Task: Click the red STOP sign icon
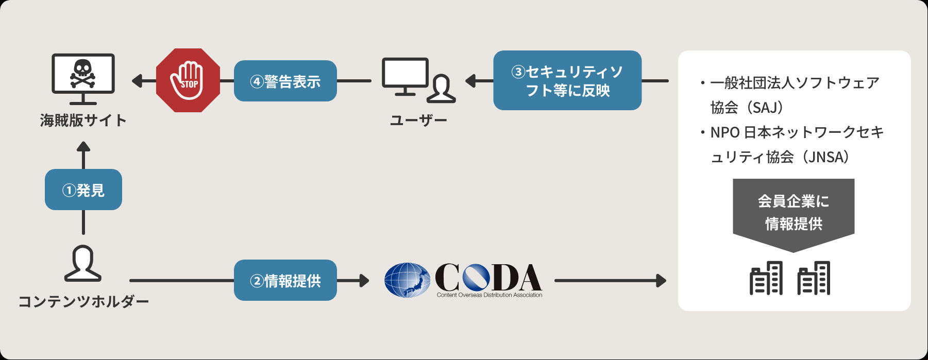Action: (188, 80)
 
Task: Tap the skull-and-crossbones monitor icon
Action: (83, 79)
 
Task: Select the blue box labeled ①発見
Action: (83, 190)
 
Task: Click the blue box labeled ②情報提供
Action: (285, 280)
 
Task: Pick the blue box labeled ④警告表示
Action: (285, 81)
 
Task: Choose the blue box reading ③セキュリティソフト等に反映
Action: (567, 80)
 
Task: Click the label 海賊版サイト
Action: (83, 121)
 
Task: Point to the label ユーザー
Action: (418, 121)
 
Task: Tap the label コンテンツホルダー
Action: (83, 301)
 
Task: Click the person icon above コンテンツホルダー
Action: (83, 263)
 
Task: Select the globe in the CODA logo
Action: (407, 280)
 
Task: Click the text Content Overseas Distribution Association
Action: (490, 295)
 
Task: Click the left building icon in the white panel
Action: (766, 278)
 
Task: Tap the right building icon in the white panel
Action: (814, 278)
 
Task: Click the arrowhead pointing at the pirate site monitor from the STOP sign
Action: (137, 81)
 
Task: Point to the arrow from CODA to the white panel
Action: (611, 281)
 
